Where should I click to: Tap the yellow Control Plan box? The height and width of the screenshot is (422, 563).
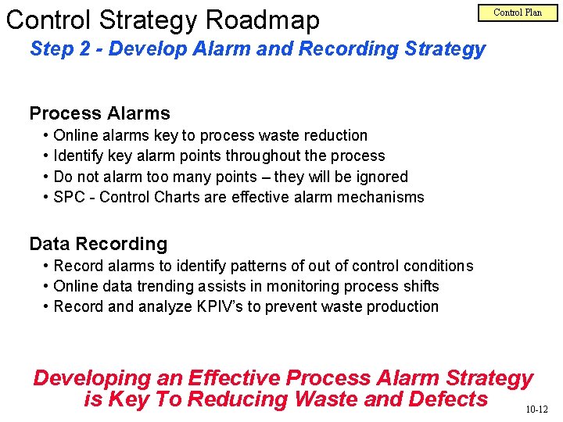517,13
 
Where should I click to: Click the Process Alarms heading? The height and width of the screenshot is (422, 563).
99,113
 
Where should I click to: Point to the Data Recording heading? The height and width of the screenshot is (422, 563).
98,244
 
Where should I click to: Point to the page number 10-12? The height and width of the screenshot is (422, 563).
536,409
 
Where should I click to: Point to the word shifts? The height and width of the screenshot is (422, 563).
421,286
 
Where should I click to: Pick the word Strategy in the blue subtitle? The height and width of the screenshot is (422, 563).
445,48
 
